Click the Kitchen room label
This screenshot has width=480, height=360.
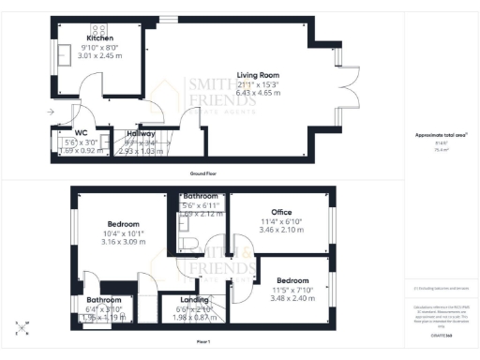coord(99,37)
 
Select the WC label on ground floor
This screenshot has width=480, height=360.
coord(81,133)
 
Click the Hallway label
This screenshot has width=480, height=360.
coord(141,133)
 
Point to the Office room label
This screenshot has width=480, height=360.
coord(282,211)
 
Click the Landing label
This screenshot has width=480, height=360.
coord(194,300)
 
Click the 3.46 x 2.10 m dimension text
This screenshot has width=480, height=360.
coord(282,230)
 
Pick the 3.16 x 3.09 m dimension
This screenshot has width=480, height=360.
coord(123,242)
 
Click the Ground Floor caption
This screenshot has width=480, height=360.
coord(198,174)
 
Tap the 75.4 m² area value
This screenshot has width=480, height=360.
coord(440,147)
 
